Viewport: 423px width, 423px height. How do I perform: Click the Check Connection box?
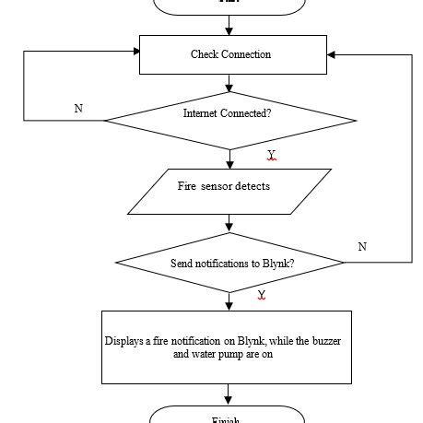coord(231,54)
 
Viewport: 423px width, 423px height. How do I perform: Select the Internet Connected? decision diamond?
coord(229,120)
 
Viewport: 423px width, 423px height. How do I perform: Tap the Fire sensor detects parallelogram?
coord(229,192)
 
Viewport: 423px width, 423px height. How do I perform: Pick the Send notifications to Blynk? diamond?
coord(229,264)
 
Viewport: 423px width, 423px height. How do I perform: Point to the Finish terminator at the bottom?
coord(227,416)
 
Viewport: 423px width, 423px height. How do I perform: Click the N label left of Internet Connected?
coord(78,109)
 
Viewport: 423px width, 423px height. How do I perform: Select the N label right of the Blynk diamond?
coord(362,246)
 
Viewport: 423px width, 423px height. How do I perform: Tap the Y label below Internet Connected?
coord(271,154)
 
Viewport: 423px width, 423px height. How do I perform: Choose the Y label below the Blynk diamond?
coord(262,295)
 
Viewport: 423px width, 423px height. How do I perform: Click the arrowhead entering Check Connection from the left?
coord(134,51)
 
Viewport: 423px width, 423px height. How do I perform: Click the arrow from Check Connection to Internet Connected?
coord(229,84)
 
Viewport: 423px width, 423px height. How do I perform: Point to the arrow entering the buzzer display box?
coord(229,302)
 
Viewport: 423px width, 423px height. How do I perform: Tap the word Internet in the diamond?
coord(202,113)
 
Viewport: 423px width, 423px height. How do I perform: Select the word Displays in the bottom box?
coord(123,341)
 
